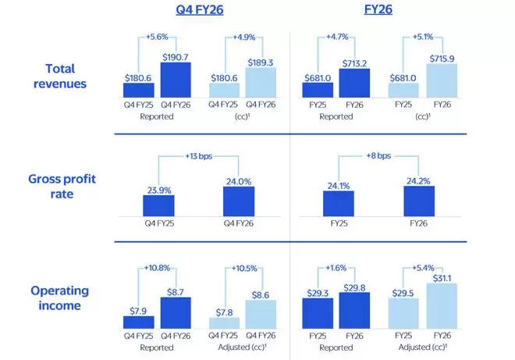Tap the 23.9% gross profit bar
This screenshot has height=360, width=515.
[158, 205]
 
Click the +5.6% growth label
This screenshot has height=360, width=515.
[158, 35]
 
